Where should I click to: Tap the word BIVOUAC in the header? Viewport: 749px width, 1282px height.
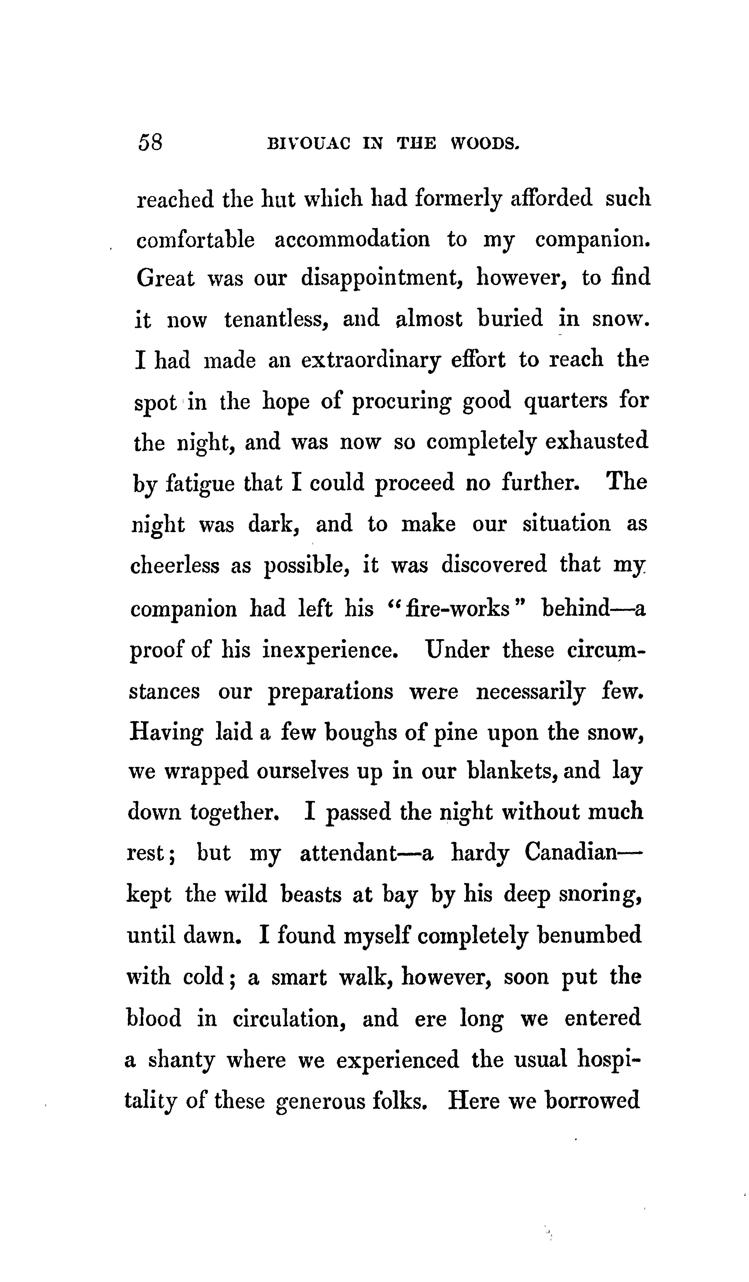(309, 144)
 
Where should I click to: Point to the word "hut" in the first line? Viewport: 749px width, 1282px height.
(278, 199)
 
